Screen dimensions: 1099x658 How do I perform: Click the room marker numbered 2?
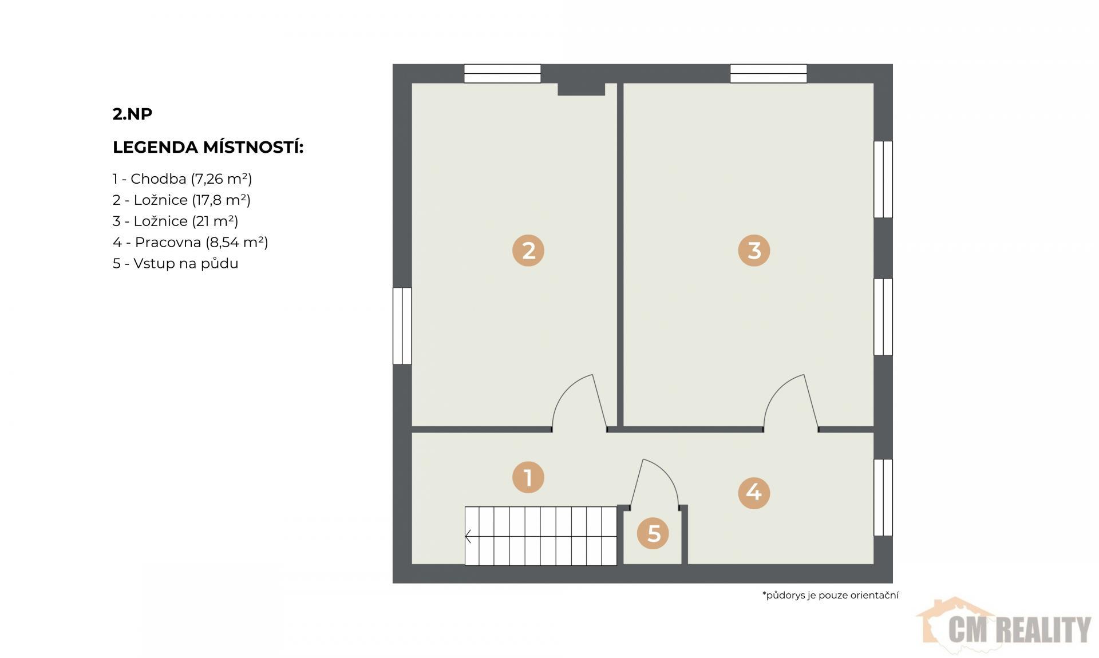(x=528, y=251)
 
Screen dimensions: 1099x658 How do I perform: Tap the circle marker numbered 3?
(x=754, y=251)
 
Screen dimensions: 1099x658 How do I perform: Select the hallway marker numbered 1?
(x=528, y=477)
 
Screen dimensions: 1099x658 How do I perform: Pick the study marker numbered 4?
(x=754, y=493)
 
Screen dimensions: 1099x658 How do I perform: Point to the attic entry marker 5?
(x=653, y=533)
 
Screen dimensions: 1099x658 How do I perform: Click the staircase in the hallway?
(x=540, y=536)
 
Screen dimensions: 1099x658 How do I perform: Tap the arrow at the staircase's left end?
(x=468, y=536)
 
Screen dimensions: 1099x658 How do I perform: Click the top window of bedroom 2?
(x=502, y=74)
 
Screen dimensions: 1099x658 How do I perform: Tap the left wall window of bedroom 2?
(x=402, y=326)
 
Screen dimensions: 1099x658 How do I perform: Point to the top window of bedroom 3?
(x=768, y=74)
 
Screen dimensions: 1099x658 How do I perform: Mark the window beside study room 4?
(x=883, y=497)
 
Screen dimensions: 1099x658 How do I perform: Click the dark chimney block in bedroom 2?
(x=581, y=89)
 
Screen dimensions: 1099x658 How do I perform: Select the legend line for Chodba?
(x=182, y=179)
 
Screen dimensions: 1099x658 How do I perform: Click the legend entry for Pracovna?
(x=190, y=243)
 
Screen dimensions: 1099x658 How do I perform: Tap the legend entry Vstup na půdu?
(x=175, y=264)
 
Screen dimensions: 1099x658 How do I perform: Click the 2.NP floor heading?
(x=132, y=114)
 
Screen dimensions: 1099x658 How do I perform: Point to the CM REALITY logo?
(x=1005, y=628)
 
